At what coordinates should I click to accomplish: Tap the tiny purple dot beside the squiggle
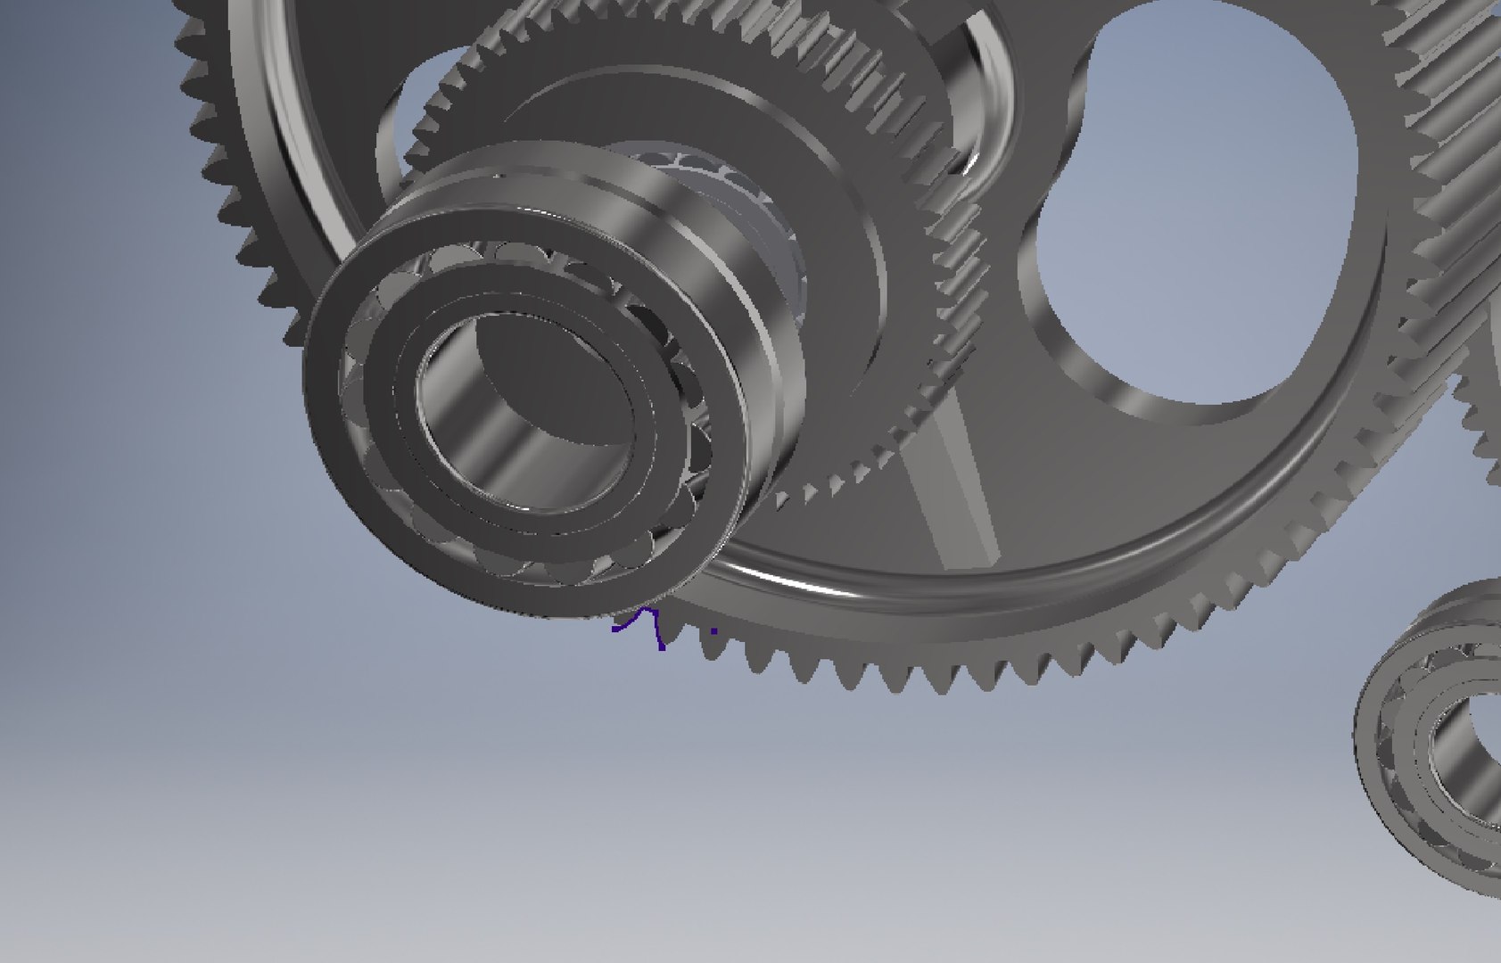coord(714,630)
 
